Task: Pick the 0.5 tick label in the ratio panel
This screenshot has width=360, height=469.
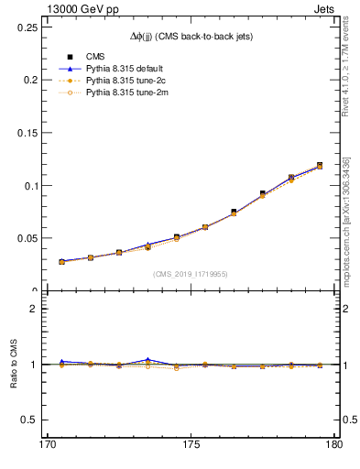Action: pos(23,420)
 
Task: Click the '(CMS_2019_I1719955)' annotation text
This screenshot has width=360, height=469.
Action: pos(190,273)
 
